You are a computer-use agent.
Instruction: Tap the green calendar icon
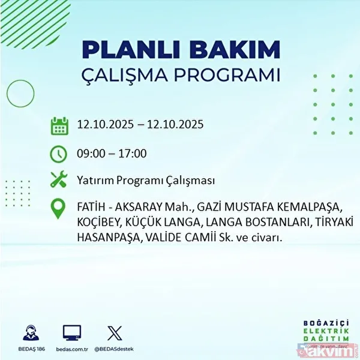59,125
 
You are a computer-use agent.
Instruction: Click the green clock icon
59,154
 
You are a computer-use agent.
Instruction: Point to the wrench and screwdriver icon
59,179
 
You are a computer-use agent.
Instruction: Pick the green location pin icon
59,208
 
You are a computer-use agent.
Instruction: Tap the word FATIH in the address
90,208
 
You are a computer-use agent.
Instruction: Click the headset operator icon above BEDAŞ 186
31,333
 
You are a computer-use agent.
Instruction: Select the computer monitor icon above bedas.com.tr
72,333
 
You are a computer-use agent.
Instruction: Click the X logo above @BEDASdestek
114,333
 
